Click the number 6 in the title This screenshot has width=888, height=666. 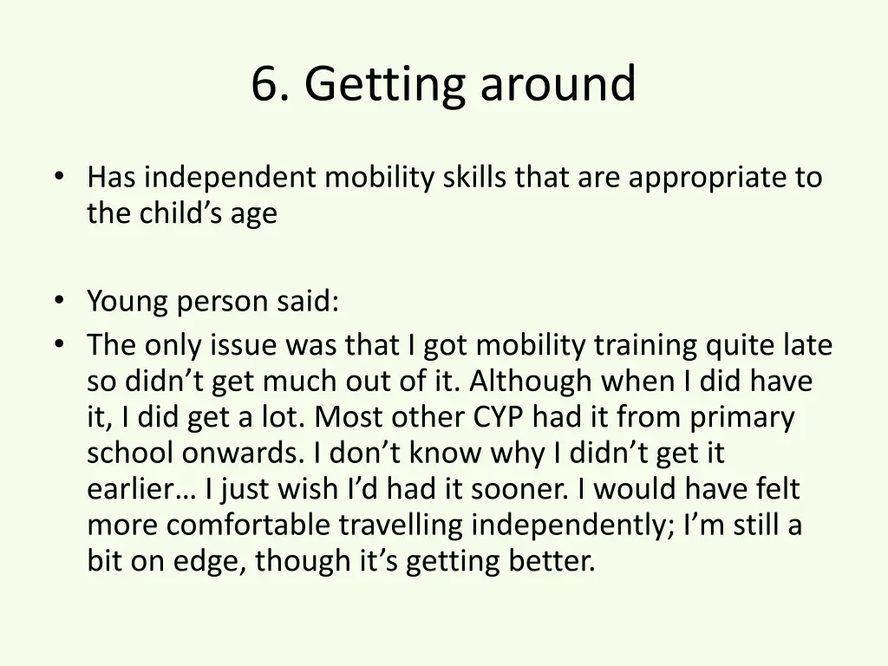click(x=264, y=84)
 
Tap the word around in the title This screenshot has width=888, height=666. click(x=558, y=84)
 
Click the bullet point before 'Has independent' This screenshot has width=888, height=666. click(x=58, y=177)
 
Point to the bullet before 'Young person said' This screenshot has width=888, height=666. click(x=58, y=301)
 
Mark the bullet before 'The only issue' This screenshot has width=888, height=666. click(x=58, y=345)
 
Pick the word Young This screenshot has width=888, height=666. click(x=128, y=303)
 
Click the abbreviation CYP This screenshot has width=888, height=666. click(x=499, y=418)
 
